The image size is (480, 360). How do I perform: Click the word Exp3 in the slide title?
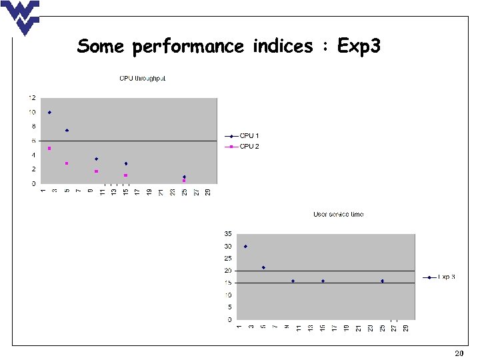pyautogui.click(x=359, y=47)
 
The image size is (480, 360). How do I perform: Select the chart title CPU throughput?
pyautogui.click(x=142, y=79)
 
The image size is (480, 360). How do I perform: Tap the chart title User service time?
pyautogui.click(x=338, y=214)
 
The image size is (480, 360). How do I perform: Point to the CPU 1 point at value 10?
pyautogui.click(x=49, y=113)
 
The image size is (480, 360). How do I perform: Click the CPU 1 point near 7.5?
pyautogui.click(x=67, y=130)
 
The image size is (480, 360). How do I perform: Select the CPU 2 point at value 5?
pyautogui.click(x=49, y=148)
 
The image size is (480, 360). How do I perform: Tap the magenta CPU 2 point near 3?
pyautogui.click(x=67, y=163)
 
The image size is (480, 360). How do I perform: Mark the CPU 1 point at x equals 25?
pyautogui.click(x=184, y=177)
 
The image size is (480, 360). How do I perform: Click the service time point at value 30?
pyautogui.click(x=245, y=246)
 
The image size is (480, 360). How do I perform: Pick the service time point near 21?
pyautogui.click(x=263, y=267)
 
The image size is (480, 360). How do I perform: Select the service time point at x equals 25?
pyautogui.click(x=383, y=281)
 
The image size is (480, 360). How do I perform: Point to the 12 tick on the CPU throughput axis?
pyautogui.click(x=31, y=98)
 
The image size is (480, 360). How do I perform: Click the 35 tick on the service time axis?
pyautogui.click(x=227, y=234)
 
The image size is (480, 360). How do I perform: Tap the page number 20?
pyautogui.click(x=459, y=353)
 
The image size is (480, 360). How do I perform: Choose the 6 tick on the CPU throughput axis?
pyautogui.click(x=33, y=141)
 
